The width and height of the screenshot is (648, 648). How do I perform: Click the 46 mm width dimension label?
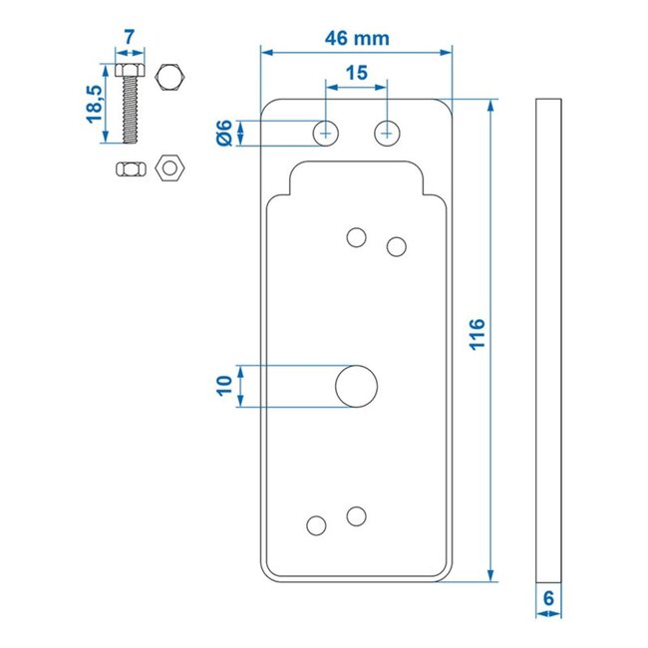point(356,38)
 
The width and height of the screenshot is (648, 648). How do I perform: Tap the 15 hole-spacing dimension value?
point(356,75)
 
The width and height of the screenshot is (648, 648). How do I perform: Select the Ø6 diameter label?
point(224,132)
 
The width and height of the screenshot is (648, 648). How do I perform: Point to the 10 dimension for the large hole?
point(225,386)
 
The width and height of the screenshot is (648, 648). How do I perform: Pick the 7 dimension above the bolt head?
point(130,38)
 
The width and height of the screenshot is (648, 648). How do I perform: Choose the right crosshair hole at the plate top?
point(387,132)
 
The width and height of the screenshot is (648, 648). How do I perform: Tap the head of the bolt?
point(130,72)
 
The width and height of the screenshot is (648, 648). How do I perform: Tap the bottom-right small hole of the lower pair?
point(356,514)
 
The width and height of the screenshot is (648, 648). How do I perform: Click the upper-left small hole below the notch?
point(356,236)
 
